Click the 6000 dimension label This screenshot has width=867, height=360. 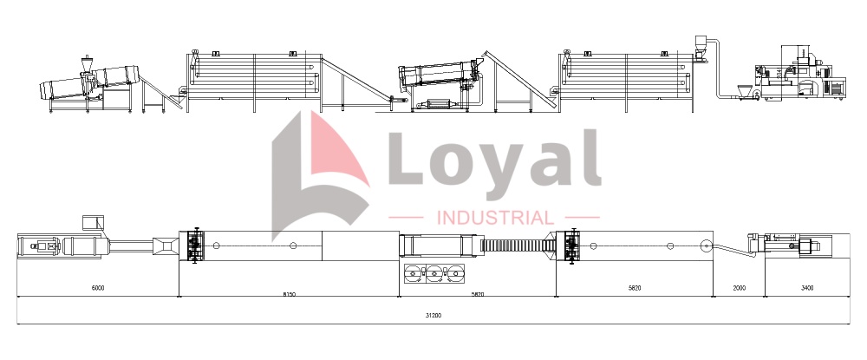(x=98, y=287)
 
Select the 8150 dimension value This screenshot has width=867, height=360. (x=290, y=294)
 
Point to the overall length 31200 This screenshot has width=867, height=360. (x=433, y=315)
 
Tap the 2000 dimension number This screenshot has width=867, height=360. (x=739, y=287)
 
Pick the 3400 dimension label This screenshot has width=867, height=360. (x=807, y=287)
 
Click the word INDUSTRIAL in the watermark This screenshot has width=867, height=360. (x=495, y=218)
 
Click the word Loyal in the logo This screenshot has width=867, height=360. (x=494, y=160)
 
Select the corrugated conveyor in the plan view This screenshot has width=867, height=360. (x=513, y=245)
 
